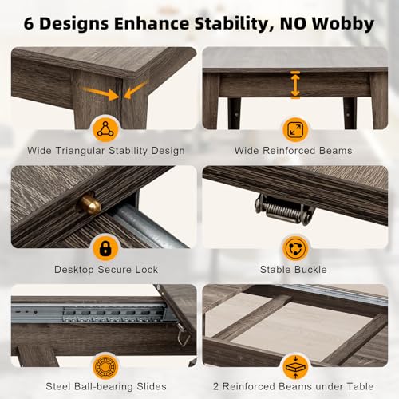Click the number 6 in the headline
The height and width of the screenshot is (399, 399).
click(29, 24)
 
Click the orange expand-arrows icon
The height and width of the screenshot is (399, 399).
click(295, 130)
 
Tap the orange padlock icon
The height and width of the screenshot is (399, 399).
click(105, 248)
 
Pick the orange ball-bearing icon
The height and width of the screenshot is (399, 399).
click(105, 367)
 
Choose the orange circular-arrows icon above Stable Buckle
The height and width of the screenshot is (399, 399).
click(295, 248)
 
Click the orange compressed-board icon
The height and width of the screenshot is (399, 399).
click(295, 367)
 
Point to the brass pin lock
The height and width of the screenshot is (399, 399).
click(89, 204)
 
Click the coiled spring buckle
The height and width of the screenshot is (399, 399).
click(284, 210)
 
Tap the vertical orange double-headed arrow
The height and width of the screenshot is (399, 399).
click(295, 85)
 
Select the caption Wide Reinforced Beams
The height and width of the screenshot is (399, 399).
click(293, 151)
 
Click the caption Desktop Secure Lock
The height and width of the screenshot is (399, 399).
click(106, 270)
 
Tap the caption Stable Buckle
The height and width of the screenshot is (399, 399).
click(294, 270)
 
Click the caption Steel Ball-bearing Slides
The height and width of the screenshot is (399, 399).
click(106, 386)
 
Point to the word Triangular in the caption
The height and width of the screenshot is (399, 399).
click(81, 151)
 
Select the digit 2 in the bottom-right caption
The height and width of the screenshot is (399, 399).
click(216, 386)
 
